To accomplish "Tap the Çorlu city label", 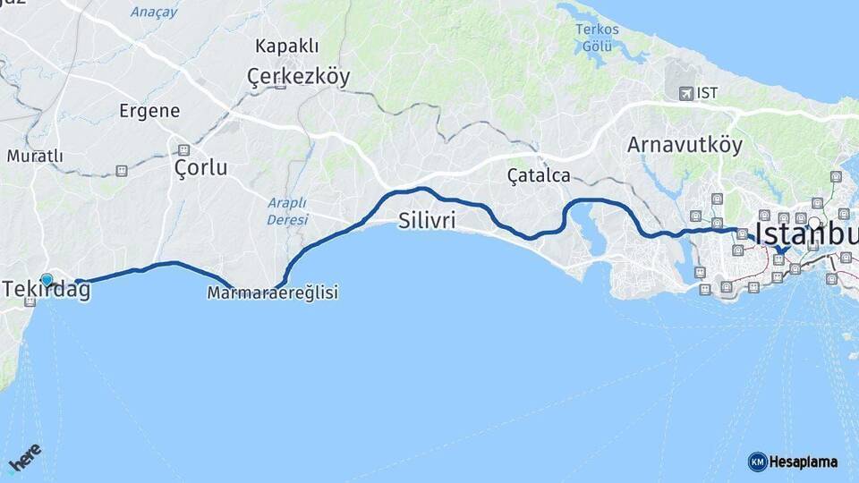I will coord(201,167).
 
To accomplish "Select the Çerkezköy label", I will coord(298,77).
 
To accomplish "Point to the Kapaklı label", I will coord(285,46).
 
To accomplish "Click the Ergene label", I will coord(149,111).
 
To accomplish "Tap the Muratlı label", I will coord(35,156).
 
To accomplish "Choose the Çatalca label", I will coord(539,175).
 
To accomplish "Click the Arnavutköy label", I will coord(685,145).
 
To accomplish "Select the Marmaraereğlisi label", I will coord(272,292).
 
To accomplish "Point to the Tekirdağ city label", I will coord(47,291).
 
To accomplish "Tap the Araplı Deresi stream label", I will coord(287,211).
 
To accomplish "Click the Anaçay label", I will coord(154,12).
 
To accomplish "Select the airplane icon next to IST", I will coord(686,93).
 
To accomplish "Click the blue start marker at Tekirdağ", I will coord(47,280).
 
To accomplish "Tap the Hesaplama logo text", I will coord(802,462).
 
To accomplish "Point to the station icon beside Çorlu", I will coord(183,150).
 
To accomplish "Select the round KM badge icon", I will coord(757,462).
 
